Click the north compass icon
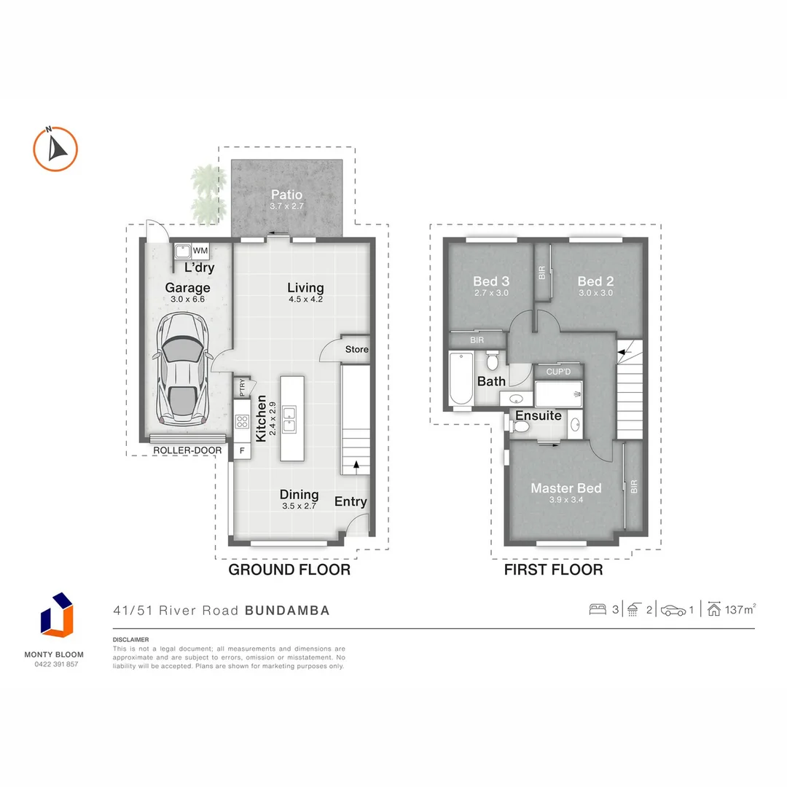55,149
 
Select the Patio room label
286,195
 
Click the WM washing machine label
200,251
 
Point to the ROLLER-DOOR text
187,450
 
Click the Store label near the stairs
356,349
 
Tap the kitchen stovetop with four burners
242,422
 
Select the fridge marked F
242,451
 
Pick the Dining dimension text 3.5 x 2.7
299,506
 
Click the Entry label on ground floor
351,501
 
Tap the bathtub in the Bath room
461,378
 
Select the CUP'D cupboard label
557,372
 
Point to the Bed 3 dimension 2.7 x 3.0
490,293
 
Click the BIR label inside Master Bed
633,487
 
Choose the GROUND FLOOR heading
289,570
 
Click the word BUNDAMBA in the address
287,611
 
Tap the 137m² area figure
740,610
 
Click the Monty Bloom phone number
57,664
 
